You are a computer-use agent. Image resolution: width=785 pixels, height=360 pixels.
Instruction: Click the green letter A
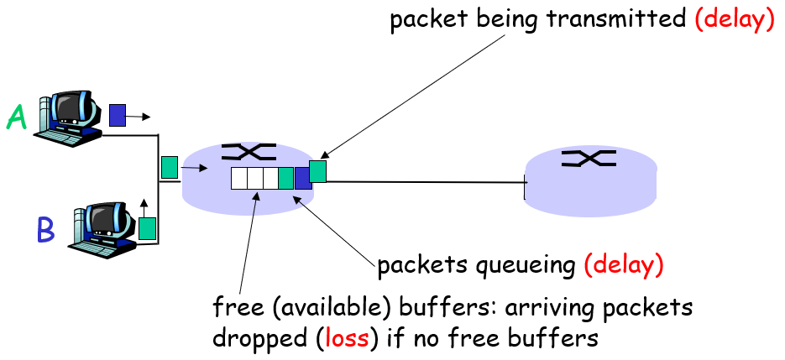pos(17,117)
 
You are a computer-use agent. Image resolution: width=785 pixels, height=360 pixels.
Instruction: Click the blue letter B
pos(44,228)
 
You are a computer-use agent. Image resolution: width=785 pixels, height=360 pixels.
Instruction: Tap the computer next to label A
pos(73,117)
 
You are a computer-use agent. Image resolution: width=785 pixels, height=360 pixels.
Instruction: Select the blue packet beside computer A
pos(118,115)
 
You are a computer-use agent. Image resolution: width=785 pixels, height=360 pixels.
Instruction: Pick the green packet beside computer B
pos(148,228)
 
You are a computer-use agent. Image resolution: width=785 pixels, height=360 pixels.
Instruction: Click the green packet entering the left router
pos(170,167)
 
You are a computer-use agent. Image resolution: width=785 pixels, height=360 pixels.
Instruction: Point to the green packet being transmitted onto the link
pos(317,171)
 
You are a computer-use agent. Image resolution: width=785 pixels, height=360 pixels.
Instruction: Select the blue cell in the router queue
pos(302,178)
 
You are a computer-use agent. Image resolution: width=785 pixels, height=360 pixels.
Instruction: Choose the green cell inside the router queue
pos(285,178)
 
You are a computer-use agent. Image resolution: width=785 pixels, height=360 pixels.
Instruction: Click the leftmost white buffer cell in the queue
pos(239,178)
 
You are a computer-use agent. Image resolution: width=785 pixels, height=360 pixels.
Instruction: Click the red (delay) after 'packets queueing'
pos(625,266)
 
